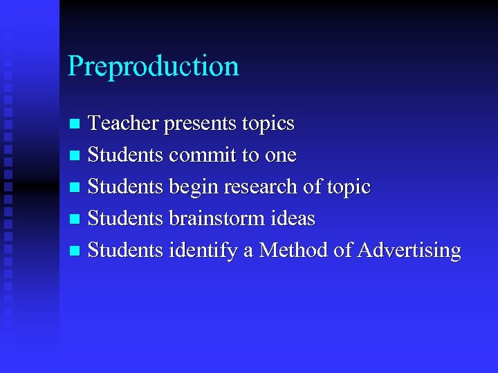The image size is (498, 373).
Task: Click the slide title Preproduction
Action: coord(153,67)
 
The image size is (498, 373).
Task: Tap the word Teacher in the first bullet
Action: coord(124,124)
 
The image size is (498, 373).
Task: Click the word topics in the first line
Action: coord(268,124)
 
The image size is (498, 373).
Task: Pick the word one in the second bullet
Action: coord(279,156)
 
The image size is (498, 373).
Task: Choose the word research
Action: coord(265,187)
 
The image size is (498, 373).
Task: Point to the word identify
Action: coord(203,251)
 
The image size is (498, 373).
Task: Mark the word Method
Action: coord(293,250)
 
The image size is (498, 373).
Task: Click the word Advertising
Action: coord(409,251)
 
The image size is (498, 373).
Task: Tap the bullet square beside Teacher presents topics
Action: coord(75,124)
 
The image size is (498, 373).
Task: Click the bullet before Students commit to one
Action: coord(75,156)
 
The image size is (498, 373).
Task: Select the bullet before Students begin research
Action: coord(75,188)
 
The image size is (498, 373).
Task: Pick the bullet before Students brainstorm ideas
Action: coord(75,220)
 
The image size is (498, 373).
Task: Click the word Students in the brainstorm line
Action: coord(125,219)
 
